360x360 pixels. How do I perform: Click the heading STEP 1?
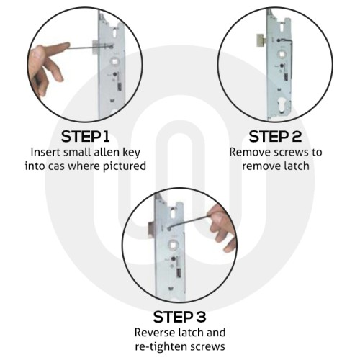87,136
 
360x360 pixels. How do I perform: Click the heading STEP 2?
275,136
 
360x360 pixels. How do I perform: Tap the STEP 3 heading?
181,316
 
